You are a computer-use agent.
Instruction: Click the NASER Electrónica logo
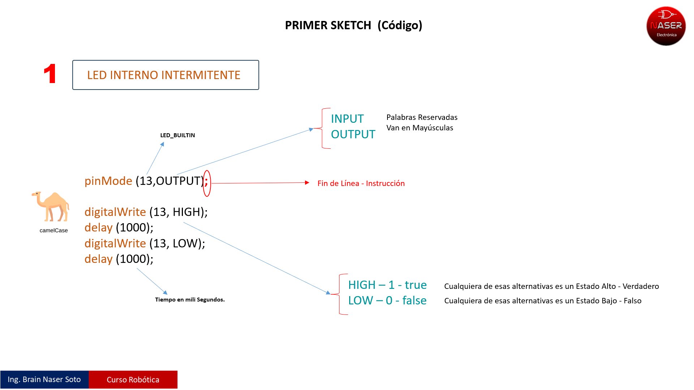(x=666, y=26)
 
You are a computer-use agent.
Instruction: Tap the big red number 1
(x=50, y=74)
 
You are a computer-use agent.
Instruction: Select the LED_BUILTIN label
(x=177, y=135)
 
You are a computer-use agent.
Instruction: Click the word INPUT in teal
(x=347, y=119)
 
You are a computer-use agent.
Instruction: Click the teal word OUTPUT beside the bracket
(x=353, y=134)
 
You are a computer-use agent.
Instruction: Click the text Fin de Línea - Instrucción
(x=361, y=183)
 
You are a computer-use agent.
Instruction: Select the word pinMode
(x=108, y=181)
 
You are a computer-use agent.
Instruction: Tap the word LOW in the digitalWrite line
(x=185, y=243)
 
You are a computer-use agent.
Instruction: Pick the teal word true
(x=416, y=285)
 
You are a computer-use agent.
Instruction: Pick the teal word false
(x=414, y=300)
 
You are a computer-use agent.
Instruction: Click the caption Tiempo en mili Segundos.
(x=190, y=300)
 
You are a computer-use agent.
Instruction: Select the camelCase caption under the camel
(x=53, y=230)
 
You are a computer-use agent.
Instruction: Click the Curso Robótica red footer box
(x=133, y=380)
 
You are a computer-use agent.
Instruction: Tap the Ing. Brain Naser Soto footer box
(x=44, y=380)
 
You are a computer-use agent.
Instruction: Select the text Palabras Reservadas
(x=422, y=117)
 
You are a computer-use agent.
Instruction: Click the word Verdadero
(x=641, y=286)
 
